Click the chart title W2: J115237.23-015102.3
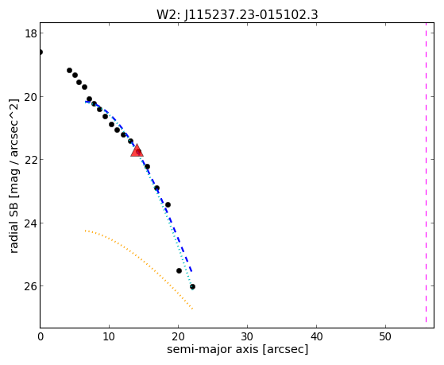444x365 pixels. pyautogui.click(x=237, y=14)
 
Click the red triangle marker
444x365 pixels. pyautogui.click(x=137, y=151)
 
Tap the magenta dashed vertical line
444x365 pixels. pyautogui.click(x=426, y=173)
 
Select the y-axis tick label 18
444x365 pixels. pyautogui.click(x=30, y=33)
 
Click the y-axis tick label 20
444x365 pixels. pyautogui.click(x=30, y=97)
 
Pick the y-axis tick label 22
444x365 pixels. pyautogui.click(x=30, y=160)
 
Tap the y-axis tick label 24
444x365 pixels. pyautogui.click(x=30, y=223)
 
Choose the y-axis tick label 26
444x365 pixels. pyautogui.click(x=30, y=286)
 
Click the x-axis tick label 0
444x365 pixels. pyautogui.click(x=41, y=337)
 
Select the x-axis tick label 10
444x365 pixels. pyautogui.click(x=109, y=337)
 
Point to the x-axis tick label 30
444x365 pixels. pyautogui.click(x=247, y=337)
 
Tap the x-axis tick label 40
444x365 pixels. pyautogui.click(x=316, y=337)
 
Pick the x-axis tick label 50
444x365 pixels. pyautogui.click(x=385, y=337)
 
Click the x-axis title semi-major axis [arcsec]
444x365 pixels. pyautogui.click(x=237, y=349)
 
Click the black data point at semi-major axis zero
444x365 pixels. pyautogui.click(x=41, y=52)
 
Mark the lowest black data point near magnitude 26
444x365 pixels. pyautogui.click(x=192, y=287)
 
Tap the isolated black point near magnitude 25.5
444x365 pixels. pyautogui.click(x=179, y=271)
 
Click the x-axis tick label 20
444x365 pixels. pyautogui.click(x=178, y=337)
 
